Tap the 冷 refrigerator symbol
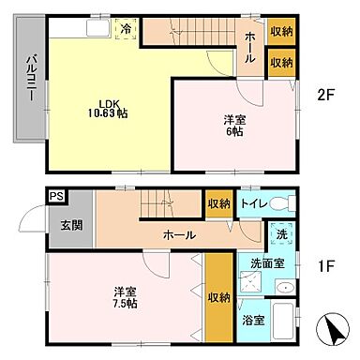pyautogui.click(x=125, y=30)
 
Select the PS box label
pyautogui.click(x=56, y=196)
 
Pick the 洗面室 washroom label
pyautogui.click(x=266, y=263)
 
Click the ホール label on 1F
pyautogui.click(x=179, y=234)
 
